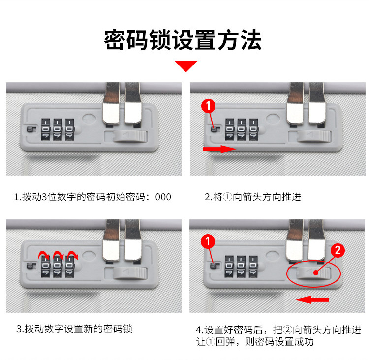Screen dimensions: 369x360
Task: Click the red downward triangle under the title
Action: pos(185,66)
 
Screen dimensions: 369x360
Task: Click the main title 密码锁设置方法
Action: pos(183,40)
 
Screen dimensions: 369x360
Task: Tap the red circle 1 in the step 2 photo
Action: pos(208,106)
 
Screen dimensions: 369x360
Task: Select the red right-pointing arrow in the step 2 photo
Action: pos(219,149)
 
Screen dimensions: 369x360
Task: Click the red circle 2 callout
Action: pos(338,250)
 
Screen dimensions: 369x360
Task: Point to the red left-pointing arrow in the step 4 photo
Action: pos(312,300)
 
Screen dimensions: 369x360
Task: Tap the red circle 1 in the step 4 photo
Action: pos(208,241)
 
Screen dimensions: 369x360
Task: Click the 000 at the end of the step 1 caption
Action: pos(163,197)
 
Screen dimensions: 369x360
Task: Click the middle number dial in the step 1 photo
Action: pos(58,130)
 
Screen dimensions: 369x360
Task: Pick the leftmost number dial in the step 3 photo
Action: pos(46,266)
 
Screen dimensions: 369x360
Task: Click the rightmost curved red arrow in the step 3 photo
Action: pos(72,255)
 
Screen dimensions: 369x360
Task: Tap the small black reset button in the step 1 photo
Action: pos(30,129)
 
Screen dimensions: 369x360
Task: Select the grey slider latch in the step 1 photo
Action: pos(130,136)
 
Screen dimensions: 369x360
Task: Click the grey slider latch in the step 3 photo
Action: pos(130,273)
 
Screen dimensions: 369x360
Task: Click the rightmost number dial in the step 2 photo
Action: pos(254,130)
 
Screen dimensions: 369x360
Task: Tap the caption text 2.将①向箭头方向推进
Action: pos(253,197)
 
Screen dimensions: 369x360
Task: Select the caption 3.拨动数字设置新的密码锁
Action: pos(74,329)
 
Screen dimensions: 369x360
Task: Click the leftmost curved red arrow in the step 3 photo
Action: pos(44,255)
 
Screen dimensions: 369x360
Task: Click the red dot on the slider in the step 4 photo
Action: pos(315,273)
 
